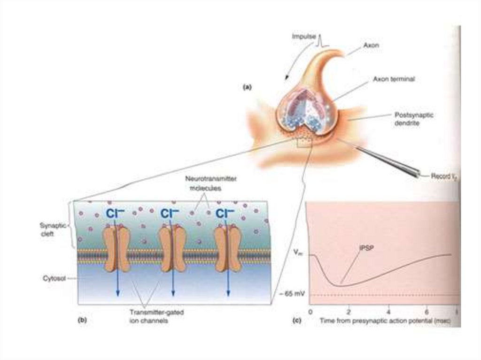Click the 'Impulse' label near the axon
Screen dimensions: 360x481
pos(303,37)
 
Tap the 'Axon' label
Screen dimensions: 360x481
pos(371,46)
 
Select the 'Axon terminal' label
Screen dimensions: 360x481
pos(394,79)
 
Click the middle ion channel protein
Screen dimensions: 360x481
pos(171,249)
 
